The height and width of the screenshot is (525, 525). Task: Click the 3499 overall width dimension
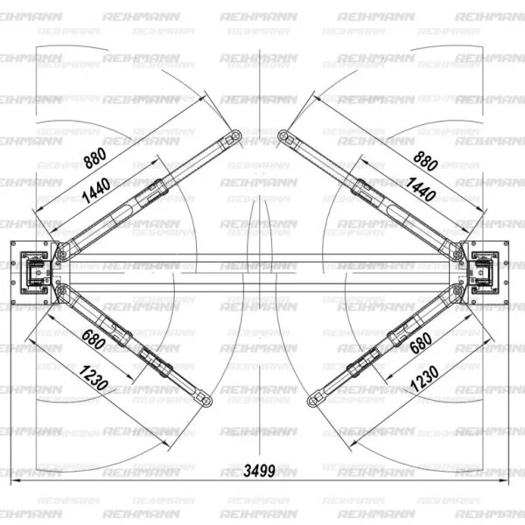[x=260, y=471]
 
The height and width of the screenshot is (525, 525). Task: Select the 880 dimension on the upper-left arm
[x=95, y=158]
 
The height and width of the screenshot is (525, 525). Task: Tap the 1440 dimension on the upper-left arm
[x=96, y=190]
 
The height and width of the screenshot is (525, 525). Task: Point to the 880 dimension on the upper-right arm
[x=425, y=161]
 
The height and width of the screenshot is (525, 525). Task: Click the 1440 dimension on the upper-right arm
[x=421, y=189]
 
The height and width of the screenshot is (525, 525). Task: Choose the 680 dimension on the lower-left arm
[x=94, y=339]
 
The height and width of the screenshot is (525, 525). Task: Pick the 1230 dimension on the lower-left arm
[x=94, y=378]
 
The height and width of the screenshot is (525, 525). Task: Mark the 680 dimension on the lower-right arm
[x=421, y=343]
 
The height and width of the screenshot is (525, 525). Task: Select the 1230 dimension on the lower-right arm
[x=424, y=378]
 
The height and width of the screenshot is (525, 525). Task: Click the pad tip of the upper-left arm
[x=236, y=136]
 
